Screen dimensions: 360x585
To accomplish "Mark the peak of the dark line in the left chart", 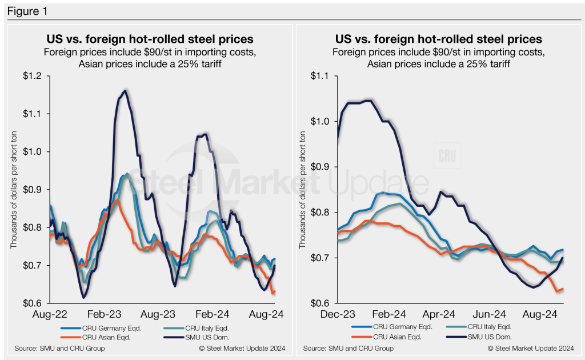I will (124, 90).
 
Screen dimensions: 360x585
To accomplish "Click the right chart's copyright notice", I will (530, 348).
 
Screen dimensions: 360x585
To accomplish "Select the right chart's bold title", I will (438, 39).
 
